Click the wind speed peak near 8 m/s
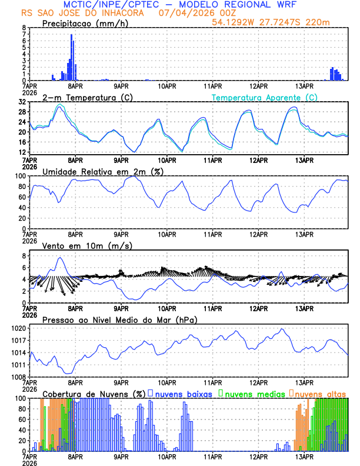tap(59, 258)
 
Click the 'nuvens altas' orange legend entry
tap(320, 393)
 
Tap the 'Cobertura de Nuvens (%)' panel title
tap(94, 393)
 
